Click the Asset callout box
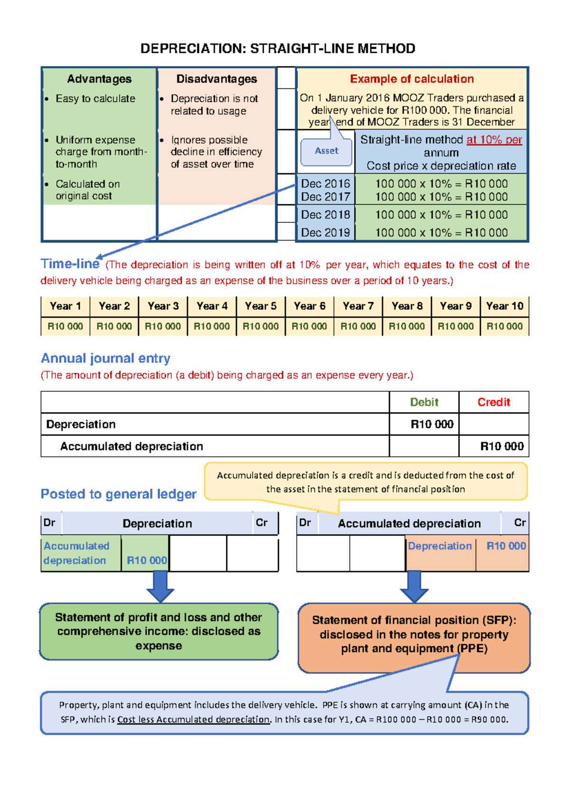pos(326,151)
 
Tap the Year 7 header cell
pos(358,306)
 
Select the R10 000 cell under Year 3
pos(163,326)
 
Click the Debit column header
pos(424,402)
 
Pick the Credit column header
pos(494,402)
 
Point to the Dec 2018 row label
pos(325,215)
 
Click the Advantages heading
pos(99,79)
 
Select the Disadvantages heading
pos(217,79)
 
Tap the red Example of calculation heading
pos(412,79)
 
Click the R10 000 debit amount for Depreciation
pos(432,424)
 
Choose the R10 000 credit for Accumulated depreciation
pos(502,446)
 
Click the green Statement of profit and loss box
pos(159,632)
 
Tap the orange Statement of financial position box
pos(414,634)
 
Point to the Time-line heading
pos(70,264)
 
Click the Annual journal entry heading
pos(105,358)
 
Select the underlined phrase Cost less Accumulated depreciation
pos(193,720)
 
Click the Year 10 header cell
pos(504,306)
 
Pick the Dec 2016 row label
pos(325,183)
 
